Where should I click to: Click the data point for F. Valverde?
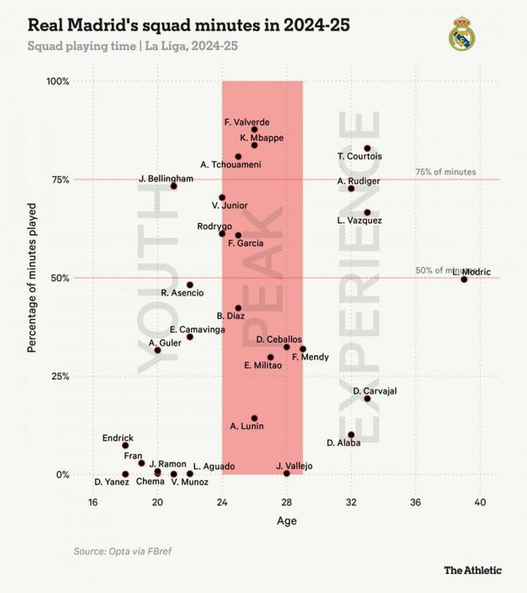pyautogui.click(x=255, y=129)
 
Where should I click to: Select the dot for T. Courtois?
pyautogui.click(x=367, y=149)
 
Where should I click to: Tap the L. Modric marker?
pyautogui.click(x=464, y=279)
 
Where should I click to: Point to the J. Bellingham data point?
pyautogui.click(x=174, y=185)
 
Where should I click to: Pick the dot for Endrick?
pyautogui.click(x=125, y=445)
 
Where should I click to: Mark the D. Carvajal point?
pyautogui.click(x=367, y=398)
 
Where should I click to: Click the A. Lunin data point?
pyautogui.click(x=255, y=418)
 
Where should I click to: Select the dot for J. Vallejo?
pyautogui.click(x=287, y=473)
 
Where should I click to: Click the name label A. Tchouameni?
pyautogui.click(x=230, y=165)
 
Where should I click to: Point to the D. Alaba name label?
pyautogui.click(x=343, y=443)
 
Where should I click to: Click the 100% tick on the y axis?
pyautogui.click(x=59, y=82)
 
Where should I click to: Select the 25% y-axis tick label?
pyautogui.click(x=61, y=376)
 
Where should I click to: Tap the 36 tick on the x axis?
pyautogui.click(x=415, y=502)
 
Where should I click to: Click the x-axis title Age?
pyautogui.click(x=287, y=521)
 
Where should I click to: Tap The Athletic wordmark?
pyautogui.click(x=473, y=570)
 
